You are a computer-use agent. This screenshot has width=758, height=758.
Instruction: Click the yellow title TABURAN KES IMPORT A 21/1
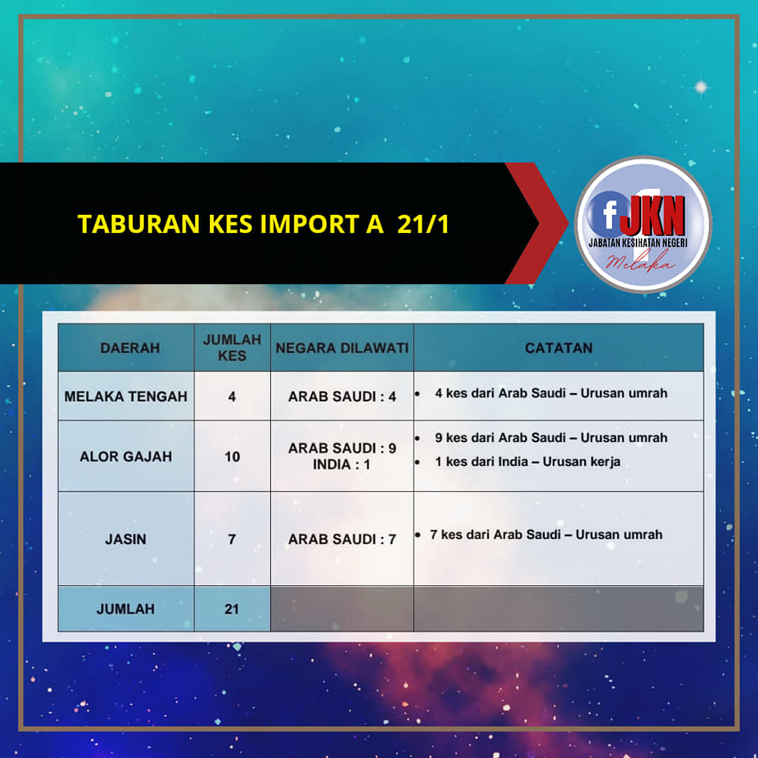264,223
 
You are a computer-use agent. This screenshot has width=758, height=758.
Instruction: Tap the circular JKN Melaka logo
643,224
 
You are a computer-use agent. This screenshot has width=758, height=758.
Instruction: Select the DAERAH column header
130,348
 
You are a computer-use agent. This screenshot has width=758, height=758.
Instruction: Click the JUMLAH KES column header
232,347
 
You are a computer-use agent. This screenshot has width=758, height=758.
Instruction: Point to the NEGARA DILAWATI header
342,348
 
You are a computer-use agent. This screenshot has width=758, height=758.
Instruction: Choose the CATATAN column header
558,348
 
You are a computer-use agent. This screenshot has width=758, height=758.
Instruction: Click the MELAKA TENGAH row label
126,396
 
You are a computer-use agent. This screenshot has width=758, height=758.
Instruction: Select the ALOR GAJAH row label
126,456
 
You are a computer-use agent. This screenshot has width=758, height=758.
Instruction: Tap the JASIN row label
126,539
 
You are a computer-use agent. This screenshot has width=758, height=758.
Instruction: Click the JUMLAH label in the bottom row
126,609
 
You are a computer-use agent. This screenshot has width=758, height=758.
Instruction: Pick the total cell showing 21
232,609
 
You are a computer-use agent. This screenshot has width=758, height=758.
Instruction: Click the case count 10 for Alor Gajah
232,456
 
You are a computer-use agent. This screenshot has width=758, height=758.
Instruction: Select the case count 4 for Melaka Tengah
232,396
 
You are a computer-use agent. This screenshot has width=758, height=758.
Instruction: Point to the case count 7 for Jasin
232,539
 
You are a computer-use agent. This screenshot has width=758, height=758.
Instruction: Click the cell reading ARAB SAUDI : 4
342,396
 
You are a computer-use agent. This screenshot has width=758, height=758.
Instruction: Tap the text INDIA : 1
342,464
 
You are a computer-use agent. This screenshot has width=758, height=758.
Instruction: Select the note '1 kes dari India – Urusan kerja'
527,462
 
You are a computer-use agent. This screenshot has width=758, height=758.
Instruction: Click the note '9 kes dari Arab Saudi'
551,437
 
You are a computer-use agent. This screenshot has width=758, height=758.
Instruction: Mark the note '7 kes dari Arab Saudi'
546,535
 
